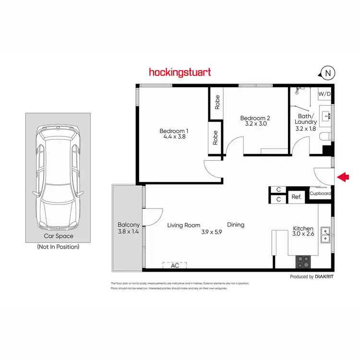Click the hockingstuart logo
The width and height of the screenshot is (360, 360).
180,72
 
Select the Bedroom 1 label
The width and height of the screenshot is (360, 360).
174,131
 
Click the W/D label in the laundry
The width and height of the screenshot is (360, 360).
324,94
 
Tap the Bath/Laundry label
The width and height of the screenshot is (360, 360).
306,119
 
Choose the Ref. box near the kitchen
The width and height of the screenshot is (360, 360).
296,197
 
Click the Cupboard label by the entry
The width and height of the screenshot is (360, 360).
320,193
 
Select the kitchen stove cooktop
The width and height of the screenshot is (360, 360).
304,262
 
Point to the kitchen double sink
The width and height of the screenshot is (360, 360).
326,234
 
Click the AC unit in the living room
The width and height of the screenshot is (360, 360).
175,264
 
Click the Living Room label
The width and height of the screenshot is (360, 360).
183,225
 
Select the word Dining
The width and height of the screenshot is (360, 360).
235,225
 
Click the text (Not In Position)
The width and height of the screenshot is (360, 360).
58,247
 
